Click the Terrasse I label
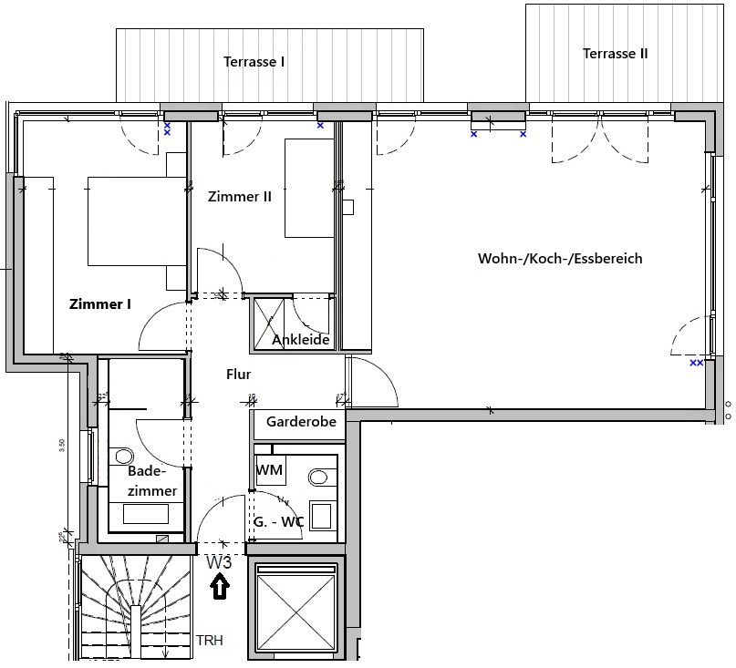click(254, 62)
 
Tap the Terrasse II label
click(615, 54)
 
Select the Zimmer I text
click(100, 304)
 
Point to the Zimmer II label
click(240, 196)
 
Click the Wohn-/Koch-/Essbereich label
click(560, 259)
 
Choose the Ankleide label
click(300, 340)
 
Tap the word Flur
click(238, 374)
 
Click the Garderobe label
click(301, 422)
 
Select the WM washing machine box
click(270, 470)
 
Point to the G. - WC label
click(278, 522)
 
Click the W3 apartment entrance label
click(219, 562)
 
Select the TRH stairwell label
click(209, 641)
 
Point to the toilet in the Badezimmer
click(124, 456)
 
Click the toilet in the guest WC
click(319, 477)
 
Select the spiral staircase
click(132, 606)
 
